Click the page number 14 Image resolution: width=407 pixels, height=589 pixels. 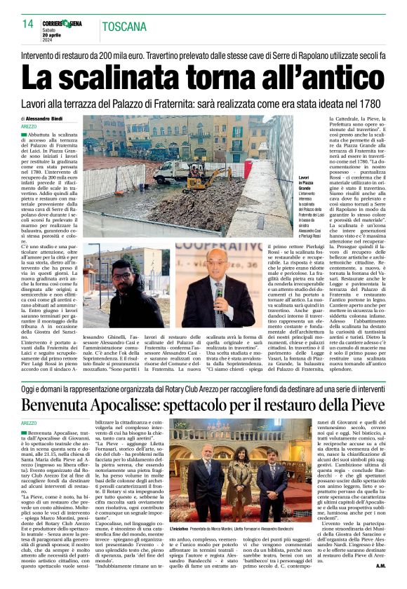point(27,25)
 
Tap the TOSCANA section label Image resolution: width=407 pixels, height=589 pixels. point(124,27)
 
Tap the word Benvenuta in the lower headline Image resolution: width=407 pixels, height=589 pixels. point(74,405)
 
